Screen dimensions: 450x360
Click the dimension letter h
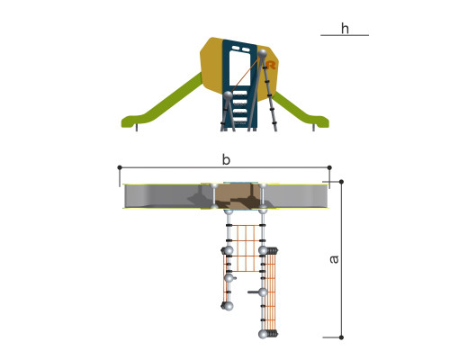pyautogui.click(x=345, y=29)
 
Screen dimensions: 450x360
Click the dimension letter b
pyautogui.click(x=226, y=159)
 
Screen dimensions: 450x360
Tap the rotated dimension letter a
pyautogui.click(x=334, y=259)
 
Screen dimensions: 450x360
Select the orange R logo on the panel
pyautogui.click(x=271, y=65)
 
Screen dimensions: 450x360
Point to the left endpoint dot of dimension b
pyautogui.click(x=120, y=167)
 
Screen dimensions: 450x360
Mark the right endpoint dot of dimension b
pyautogui.click(x=329, y=167)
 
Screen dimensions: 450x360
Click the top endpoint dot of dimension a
pyautogui.click(x=341, y=182)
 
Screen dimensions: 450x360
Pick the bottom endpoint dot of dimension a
pyautogui.click(x=341, y=337)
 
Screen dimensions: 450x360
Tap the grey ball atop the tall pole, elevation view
pyautogui.click(x=263, y=53)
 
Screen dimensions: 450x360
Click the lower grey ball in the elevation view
pyautogui.click(x=228, y=95)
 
